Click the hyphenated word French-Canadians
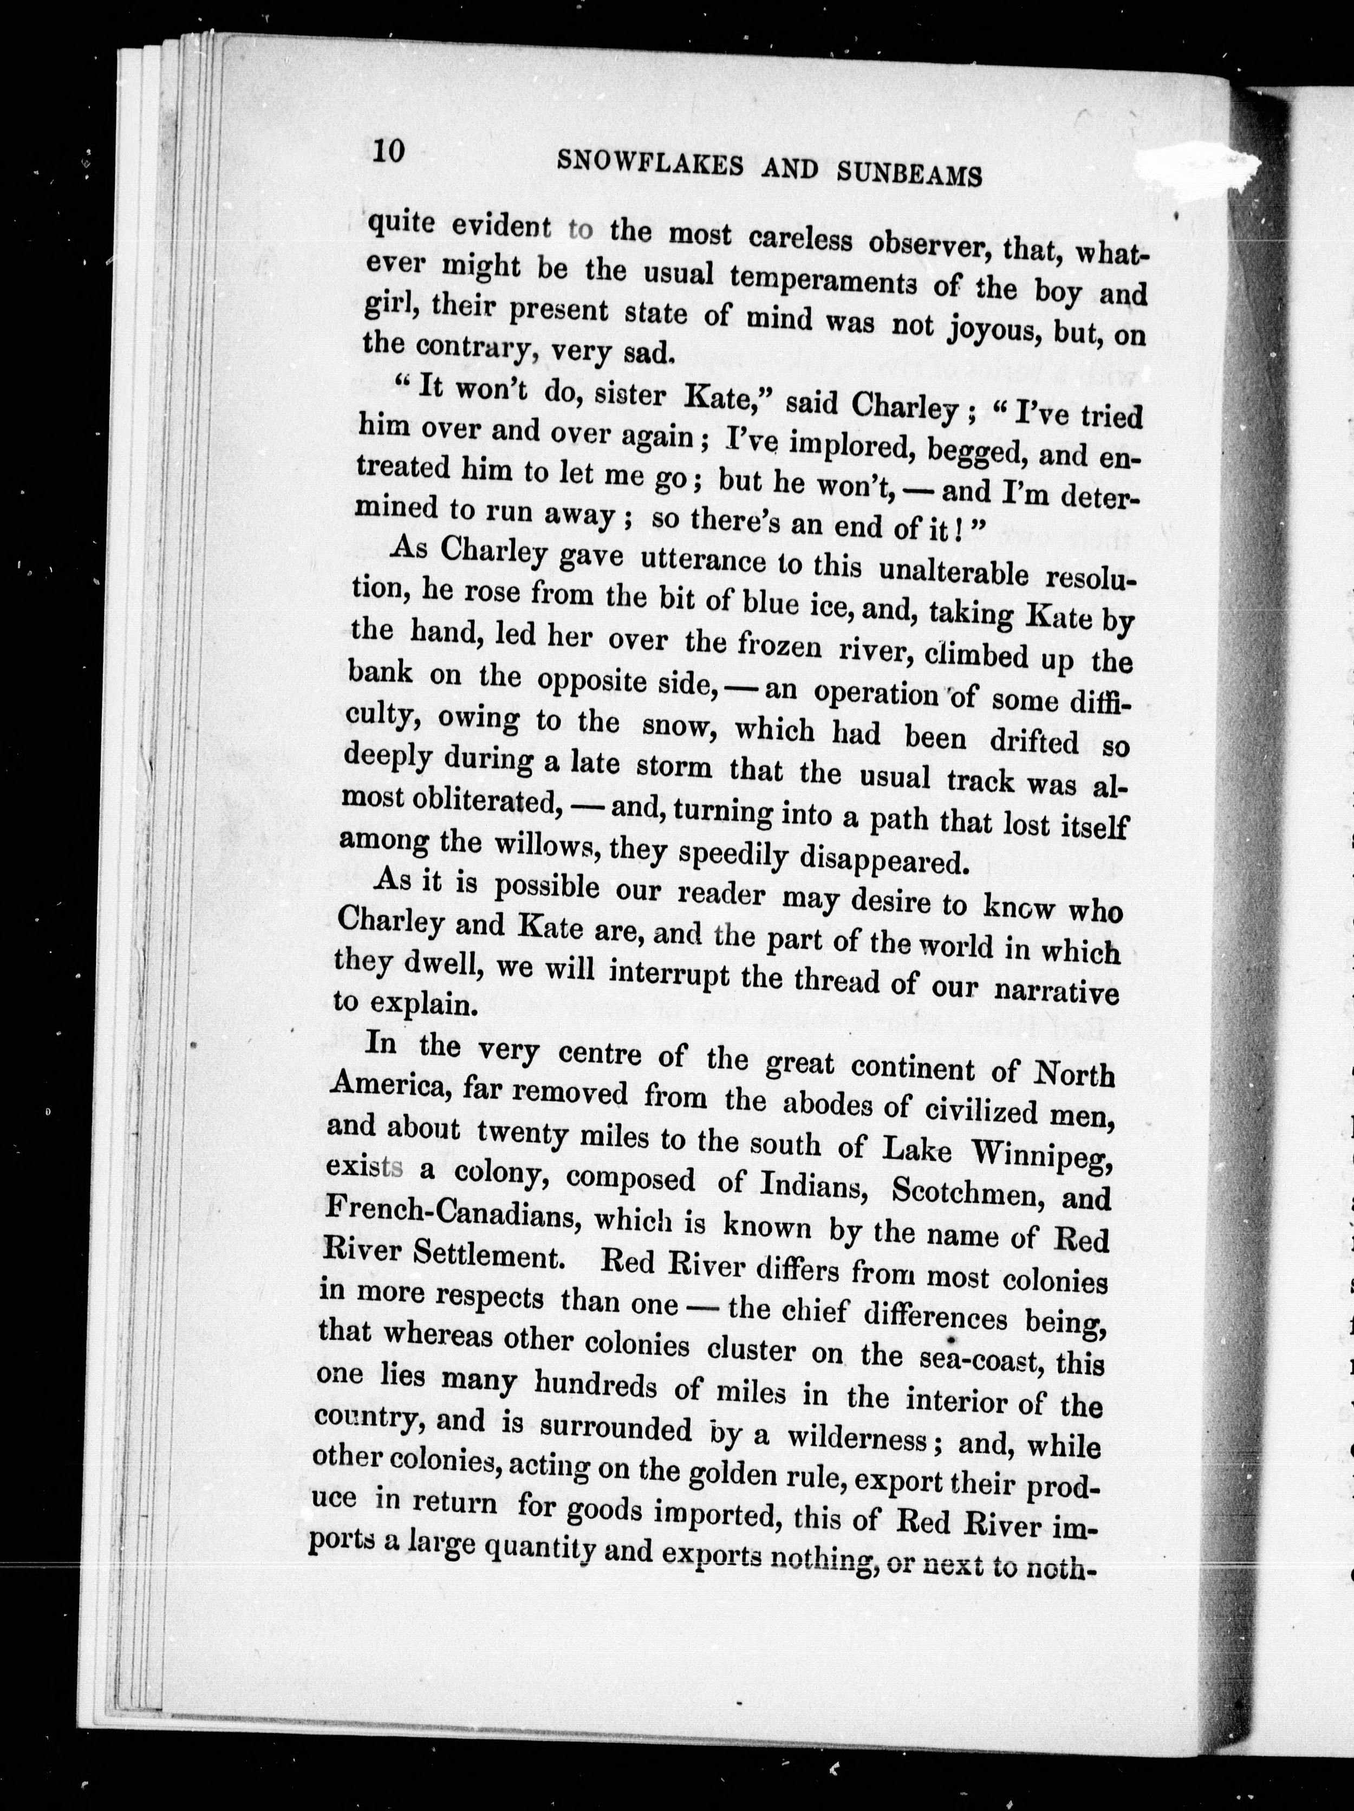[453, 1214]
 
